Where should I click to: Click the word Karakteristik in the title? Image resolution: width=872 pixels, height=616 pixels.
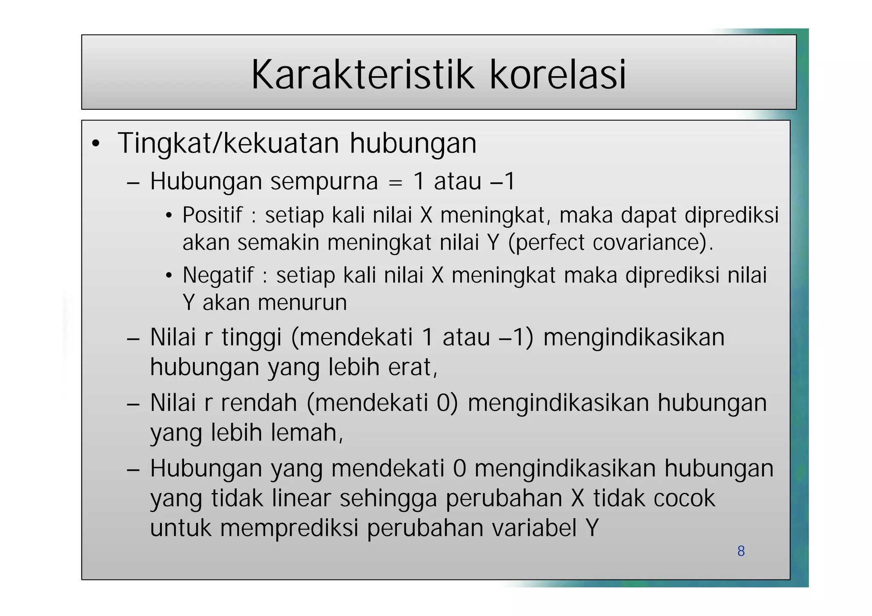(x=362, y=75)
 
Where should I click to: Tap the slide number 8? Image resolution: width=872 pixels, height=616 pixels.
(x=741, y=551)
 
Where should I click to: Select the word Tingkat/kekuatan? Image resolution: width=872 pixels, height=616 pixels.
(x=228, y=144)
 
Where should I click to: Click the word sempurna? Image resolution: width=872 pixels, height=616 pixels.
(x=324, y=182)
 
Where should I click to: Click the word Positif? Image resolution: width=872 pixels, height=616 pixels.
(x=212, y=215)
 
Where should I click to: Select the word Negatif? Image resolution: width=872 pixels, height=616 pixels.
(x=218, y=275)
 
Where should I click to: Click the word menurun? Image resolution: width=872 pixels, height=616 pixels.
(x=302, y=303)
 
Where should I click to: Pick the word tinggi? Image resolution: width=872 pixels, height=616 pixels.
(x=252, y=338)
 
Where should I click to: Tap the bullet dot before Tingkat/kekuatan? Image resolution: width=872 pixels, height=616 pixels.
(x=96, y=144)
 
